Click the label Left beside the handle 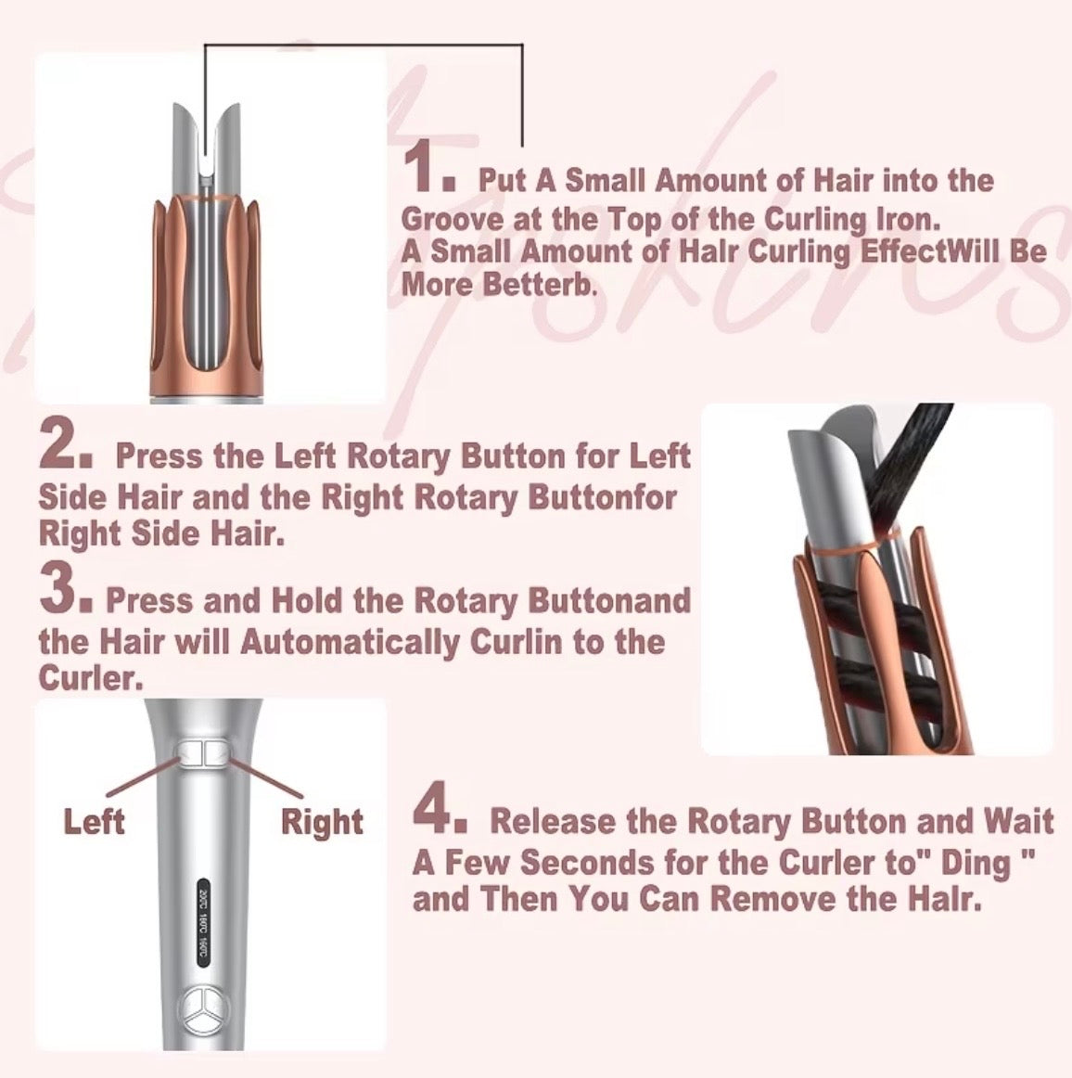[x=94, y=821]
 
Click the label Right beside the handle [x=322, y=822]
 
